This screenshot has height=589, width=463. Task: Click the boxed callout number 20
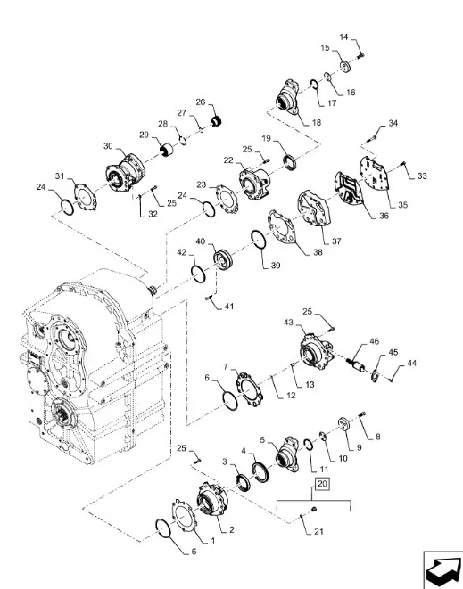pyautogui.click(x=322, y=484)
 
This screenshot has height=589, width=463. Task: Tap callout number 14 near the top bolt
pyautogui.click(x=343, y=37)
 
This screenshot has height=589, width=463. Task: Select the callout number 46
pyautogui.click(x=375, y=341)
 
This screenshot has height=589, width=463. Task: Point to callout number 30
pyautogui.click(x=108, y=146)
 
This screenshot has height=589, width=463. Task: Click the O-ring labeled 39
pyautogui.click(x=259, y=239)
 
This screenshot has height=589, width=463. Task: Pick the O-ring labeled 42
pyautogui.click(x=198, y=274)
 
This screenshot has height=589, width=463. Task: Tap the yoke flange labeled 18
pyautogui.click(x=288, y=95)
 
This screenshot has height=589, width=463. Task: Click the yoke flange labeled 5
pyautogui.click(x=286, y=454)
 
